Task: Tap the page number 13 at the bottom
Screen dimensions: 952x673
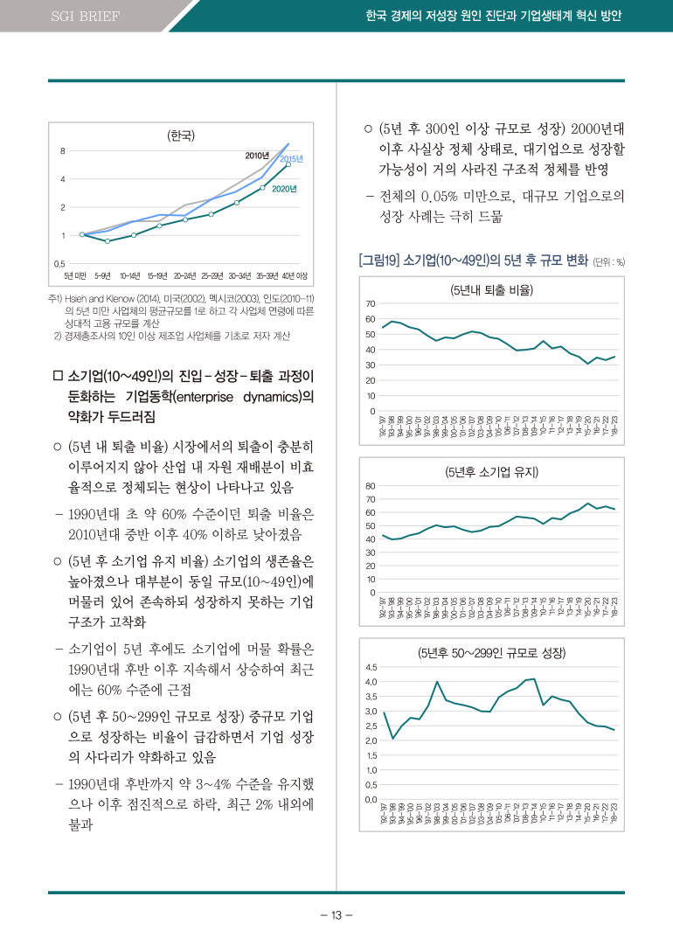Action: (x=336, y=915)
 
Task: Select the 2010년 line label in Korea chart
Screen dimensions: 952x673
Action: (x=257, y=156)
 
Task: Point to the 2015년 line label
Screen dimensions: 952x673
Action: (x=291, y=158)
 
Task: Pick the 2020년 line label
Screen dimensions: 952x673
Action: (x=284, y=188)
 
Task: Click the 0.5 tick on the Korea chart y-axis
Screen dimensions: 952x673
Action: (x=59, y=263)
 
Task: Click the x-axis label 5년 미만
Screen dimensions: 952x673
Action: (x=79, y=276)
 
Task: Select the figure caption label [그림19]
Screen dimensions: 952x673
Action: (x=378, y=260)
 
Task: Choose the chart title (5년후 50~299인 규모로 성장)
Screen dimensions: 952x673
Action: (x=491, y=653)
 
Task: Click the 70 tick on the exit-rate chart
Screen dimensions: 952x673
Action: (x=371, y=303)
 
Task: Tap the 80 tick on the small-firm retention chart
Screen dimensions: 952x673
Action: (x=371, y=486)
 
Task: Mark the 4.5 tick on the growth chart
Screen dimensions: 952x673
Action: (x=371, y=667)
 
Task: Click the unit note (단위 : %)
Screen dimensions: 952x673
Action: (x=608, y=261)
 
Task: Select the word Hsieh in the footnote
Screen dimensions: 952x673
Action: (x=78, y=300)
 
